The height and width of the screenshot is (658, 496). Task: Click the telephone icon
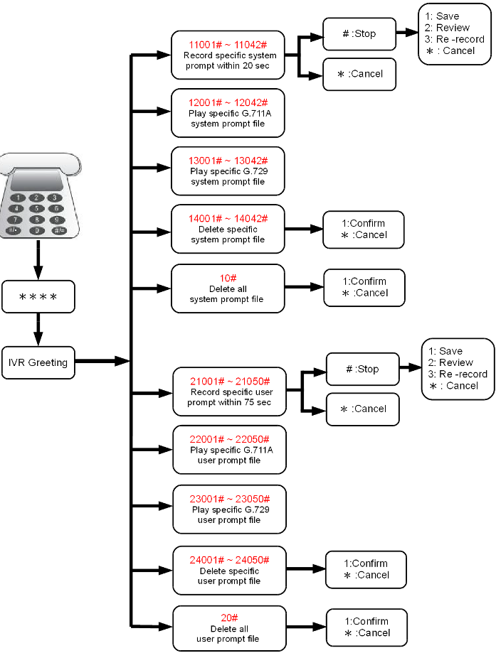point(38,195)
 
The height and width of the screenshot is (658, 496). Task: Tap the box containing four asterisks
point(38,296)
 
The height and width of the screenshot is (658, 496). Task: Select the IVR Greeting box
point(38,362)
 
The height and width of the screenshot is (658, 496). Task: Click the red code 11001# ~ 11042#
point(227,44)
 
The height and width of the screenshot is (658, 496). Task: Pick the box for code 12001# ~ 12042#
point(227,113)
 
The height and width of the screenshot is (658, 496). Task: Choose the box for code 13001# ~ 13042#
point(227,171)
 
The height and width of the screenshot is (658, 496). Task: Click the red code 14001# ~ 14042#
point(227,218)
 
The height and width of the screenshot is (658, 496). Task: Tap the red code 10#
point(227,277)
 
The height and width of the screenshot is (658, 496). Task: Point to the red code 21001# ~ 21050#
point(229,381)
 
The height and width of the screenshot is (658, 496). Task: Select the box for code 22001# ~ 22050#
point(229,450)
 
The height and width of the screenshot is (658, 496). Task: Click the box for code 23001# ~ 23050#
point(229,509)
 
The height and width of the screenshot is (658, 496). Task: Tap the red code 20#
point(229,617)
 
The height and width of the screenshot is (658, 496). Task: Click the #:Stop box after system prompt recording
point(359,33)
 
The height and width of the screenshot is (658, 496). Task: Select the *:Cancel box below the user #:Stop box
point(363,409)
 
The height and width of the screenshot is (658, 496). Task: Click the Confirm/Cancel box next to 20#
point(366,627)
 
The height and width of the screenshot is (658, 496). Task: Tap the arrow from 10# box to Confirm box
point(304,288)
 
